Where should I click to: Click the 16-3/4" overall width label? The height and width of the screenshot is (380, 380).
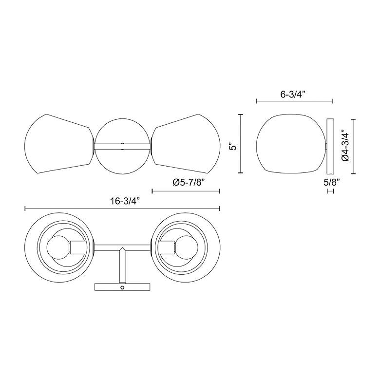click(126, 201)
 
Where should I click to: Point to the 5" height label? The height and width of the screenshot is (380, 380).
click(233, 147)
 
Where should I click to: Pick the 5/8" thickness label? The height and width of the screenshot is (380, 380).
click(332, 182)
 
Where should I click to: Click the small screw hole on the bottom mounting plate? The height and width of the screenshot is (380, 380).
click(122, 287)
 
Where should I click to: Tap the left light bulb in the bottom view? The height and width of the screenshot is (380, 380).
click(58, 248)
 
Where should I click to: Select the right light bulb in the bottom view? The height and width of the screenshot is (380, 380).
click(187, 248)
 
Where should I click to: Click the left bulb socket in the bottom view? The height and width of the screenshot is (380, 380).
click(77, 247)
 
